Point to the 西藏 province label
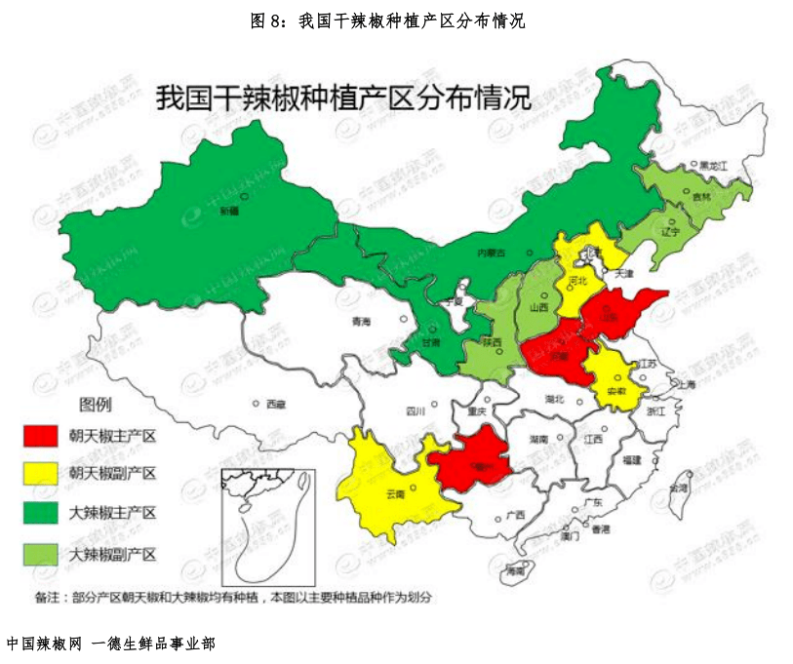point(275,404)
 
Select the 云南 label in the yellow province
point(395,493)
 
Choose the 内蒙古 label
point(491,253)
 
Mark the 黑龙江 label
point(713,167)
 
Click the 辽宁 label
point(670,232)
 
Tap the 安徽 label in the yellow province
point(616,390)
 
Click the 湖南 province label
point(538,440)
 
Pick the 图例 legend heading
point(97,404)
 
